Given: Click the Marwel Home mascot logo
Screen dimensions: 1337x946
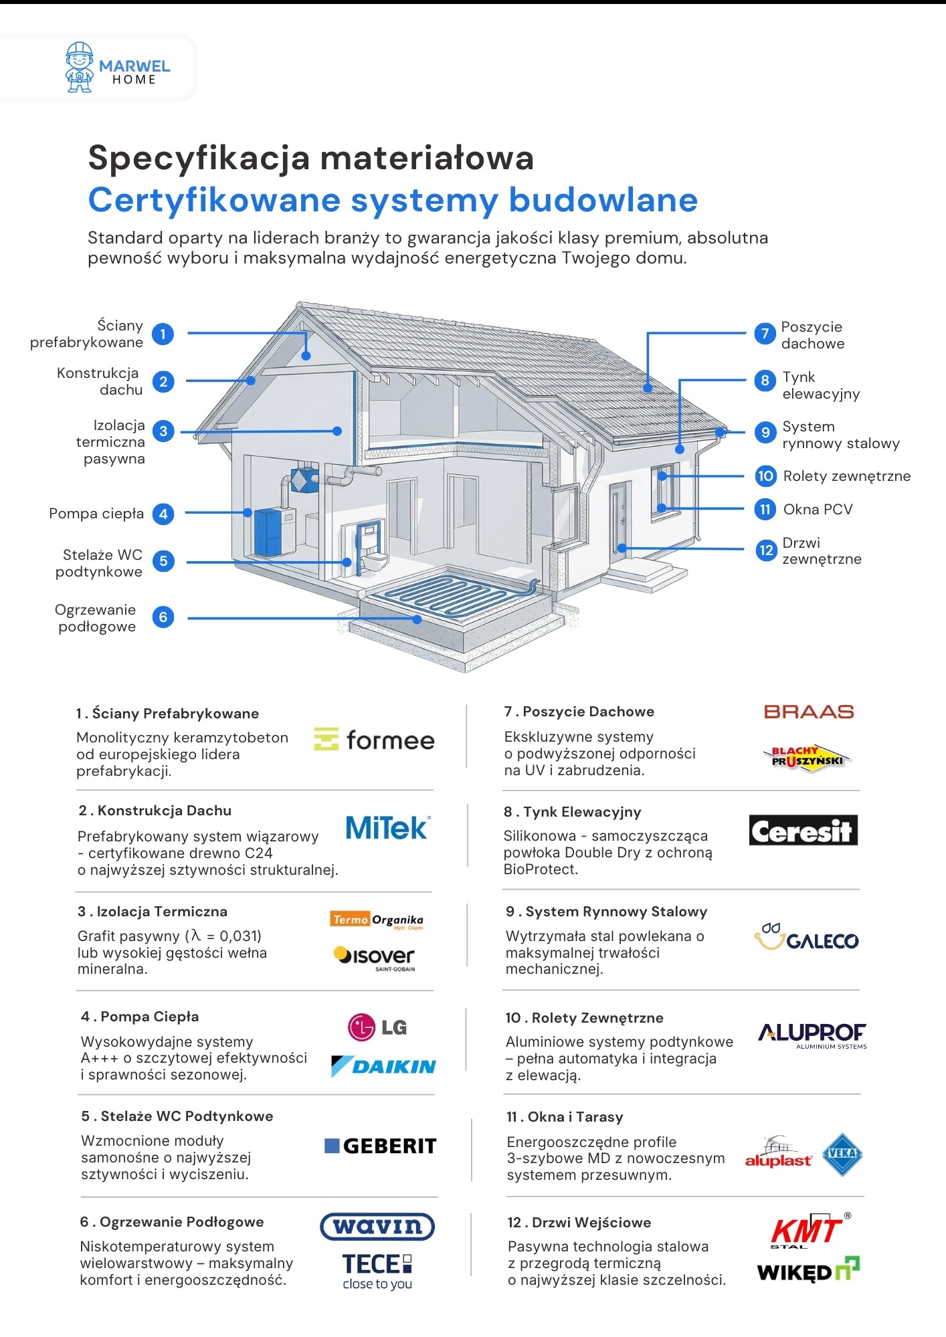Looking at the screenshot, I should (80, 68).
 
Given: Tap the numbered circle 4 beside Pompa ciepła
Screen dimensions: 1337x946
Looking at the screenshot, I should (163, 514).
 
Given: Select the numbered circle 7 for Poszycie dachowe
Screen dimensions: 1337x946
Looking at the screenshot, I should (765, 333).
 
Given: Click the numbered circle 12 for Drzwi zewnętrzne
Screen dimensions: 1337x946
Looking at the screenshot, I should (765, 550).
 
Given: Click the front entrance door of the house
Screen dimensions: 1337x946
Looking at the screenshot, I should (620, 518).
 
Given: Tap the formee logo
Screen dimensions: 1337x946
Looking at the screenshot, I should (374, 740).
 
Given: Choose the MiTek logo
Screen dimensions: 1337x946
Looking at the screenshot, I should (388, 828).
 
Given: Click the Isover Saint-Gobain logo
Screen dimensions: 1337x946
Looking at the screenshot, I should (375, 957).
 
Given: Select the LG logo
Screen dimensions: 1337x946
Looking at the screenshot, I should (377, 1027).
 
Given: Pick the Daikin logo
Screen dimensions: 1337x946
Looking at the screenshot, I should (383, 1066).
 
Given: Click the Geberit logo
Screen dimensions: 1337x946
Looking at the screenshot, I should (380, 1146).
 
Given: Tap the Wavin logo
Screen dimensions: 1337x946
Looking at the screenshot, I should (377, 1227).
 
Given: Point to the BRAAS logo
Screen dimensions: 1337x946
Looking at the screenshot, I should (809, 712).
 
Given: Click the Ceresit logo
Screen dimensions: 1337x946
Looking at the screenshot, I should (803, 831).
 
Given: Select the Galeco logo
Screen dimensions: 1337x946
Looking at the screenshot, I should (806, 938).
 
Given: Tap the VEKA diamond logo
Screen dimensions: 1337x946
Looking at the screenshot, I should (842, 1154).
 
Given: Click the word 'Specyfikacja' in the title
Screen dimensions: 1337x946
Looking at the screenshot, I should (199, 159).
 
